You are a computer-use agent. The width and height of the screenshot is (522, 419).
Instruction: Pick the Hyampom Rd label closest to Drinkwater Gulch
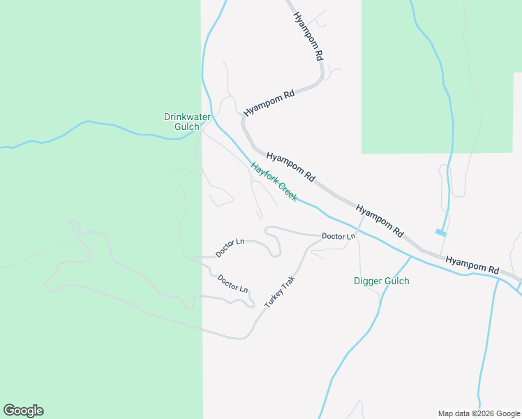(x=269, y=103)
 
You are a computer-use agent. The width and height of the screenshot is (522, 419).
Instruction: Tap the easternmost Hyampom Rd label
(x=472, y=265)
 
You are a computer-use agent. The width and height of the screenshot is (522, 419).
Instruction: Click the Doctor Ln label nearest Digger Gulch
(x=338, y=236)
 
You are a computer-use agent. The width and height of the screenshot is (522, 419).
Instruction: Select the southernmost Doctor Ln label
(x=232, y=284)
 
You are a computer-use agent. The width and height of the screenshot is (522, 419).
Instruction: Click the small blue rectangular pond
(x=440, y=233)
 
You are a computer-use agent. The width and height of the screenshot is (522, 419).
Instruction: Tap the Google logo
(x=23, y=411)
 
